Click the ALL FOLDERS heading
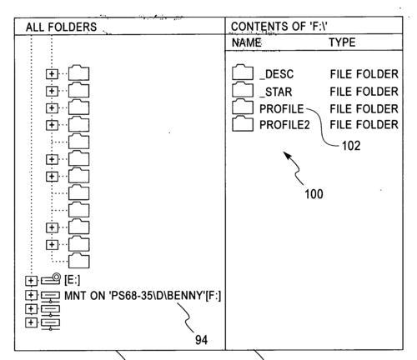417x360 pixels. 61,27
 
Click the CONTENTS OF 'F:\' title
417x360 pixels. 279,27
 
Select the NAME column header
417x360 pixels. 247,42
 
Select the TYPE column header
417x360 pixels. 342,42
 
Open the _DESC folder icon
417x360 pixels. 243,72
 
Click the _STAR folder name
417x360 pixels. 276,92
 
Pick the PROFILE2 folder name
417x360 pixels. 284,125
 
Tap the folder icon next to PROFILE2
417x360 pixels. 243,123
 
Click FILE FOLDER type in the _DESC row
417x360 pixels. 364,74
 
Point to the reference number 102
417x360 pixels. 351,146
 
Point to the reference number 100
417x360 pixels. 314,194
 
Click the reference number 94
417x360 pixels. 201,340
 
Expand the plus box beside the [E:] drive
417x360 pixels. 31,281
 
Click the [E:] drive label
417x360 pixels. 73,280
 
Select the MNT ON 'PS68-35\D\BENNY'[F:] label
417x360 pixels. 143,296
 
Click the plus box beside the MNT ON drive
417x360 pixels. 31,295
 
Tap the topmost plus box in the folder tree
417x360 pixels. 52,74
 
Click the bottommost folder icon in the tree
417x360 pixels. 79,261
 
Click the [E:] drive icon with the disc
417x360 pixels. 51,279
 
